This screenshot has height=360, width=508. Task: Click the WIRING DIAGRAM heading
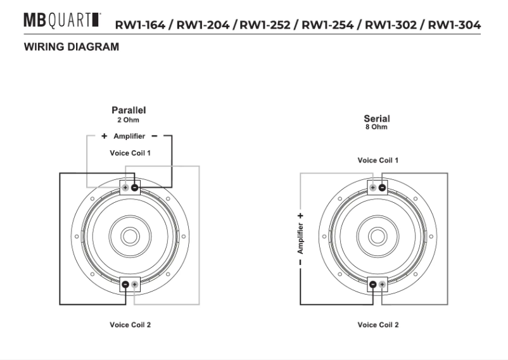point(70,48)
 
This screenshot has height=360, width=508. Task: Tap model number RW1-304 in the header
point(454,25)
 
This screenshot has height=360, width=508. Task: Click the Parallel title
point(129,110)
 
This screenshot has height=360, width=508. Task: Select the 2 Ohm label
point(129,119)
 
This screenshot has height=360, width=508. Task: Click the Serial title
point(376,119)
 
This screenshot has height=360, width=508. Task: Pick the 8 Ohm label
point(376,127)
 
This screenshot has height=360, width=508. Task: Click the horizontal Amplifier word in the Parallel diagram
point(129,136)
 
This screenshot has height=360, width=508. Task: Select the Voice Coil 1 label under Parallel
point(130,153)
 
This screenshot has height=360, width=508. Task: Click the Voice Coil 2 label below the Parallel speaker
point(130,325)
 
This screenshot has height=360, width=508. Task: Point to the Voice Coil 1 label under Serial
point(378,160)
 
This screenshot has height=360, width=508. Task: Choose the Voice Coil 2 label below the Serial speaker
point(378,325)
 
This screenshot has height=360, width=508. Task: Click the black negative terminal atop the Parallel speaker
point(135,188)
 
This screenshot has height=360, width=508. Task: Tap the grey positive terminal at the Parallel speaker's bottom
point(134,285)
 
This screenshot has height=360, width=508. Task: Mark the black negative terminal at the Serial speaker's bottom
point(372,285)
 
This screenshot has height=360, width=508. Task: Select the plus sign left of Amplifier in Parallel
point(103,136)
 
